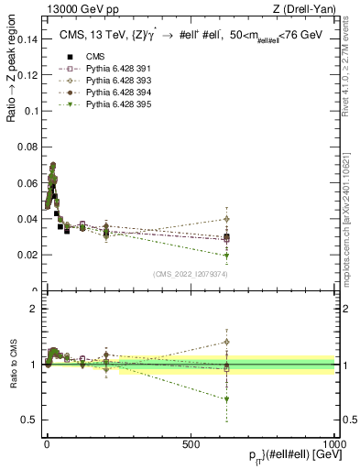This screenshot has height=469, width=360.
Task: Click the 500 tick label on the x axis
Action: [x=191, y=443]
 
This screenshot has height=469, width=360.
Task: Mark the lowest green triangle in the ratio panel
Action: [x=225, y=399]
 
